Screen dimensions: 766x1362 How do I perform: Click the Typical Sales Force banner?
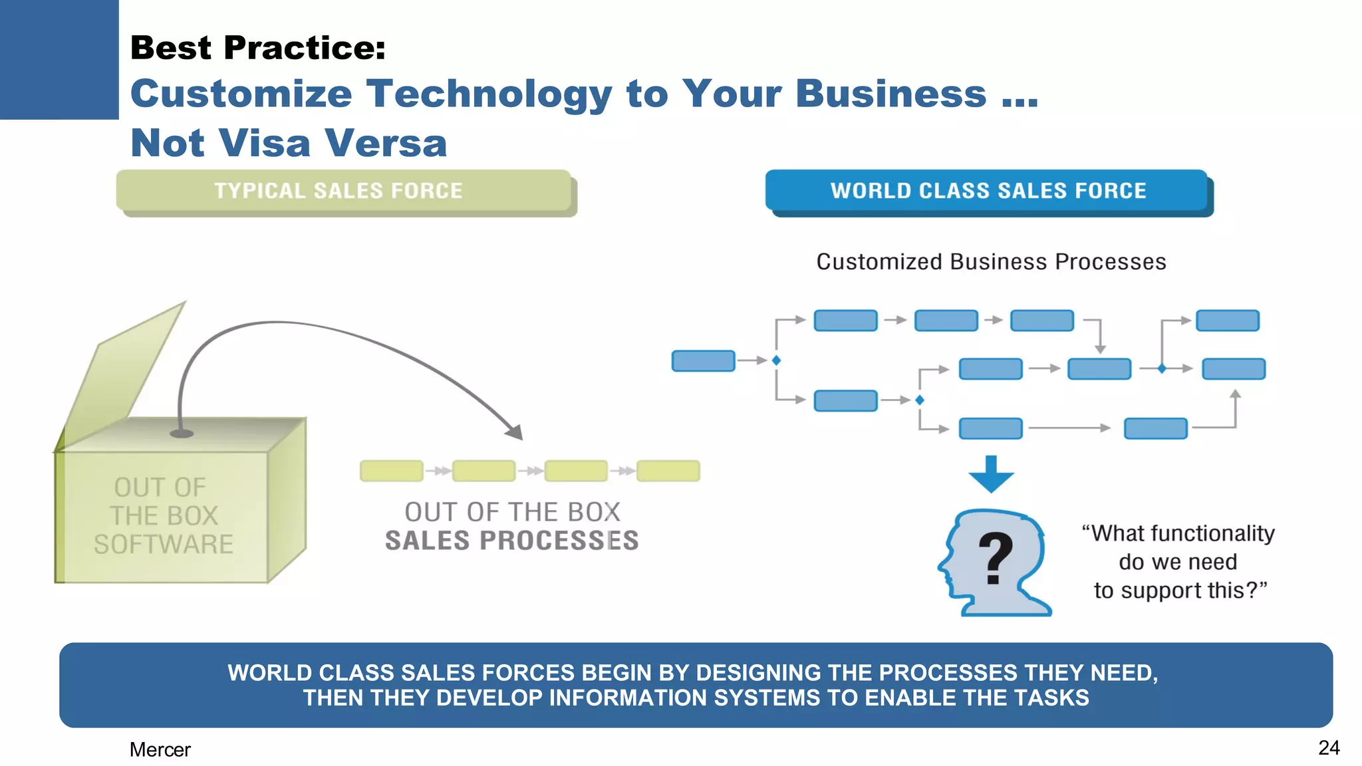tap(342, 191)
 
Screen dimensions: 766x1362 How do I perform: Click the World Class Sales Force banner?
tap(988, 191)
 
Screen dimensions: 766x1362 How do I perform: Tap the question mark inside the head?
tap(996, 559)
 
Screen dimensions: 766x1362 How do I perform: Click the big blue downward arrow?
tap(991, 474)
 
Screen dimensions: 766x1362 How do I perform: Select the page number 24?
tap(1328, 747)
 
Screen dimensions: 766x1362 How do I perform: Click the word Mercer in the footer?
tap(160, 749)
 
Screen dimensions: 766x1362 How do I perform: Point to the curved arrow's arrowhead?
tap(515, 432)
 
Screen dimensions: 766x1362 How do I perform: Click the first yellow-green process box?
tap(391, 471)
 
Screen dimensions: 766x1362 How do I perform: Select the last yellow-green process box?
tap(668, 471)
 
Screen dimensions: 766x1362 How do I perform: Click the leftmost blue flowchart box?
tap(703, 361)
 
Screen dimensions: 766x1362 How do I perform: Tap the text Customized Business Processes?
tap(991, 262)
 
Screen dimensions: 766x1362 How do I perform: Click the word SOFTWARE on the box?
tap(164, 545)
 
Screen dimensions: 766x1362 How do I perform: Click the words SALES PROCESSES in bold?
tap(511, 541)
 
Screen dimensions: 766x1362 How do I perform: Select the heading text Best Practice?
tap(258, 48)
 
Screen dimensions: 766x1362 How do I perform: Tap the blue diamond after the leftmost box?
tap(776, 360)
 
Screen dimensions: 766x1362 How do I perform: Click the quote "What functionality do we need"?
tap(1178, 547)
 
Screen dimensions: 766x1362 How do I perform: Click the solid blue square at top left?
tap(59, 59)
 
